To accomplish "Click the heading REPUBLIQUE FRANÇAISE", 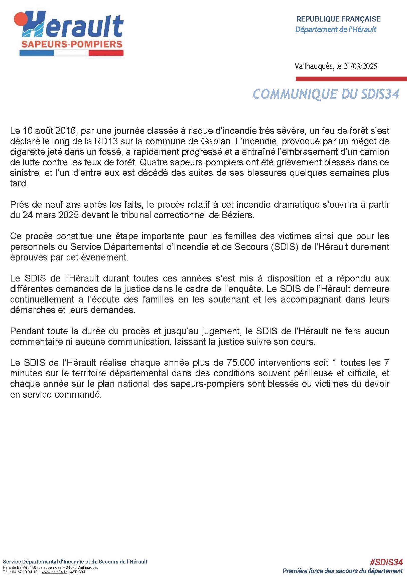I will [x=338, y=19].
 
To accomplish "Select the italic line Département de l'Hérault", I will [x=336, y=30].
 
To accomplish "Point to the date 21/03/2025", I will [x=360, y=66].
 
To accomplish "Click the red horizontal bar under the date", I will [x=351, y=79].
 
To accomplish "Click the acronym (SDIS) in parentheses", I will [x=285, y=247].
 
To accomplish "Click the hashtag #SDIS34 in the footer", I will [x=386, y=562].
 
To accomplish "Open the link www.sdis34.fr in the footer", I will [x=54, y=572].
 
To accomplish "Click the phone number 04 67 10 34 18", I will [x=25, y=572].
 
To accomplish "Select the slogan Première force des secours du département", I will [x=342, y=571].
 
